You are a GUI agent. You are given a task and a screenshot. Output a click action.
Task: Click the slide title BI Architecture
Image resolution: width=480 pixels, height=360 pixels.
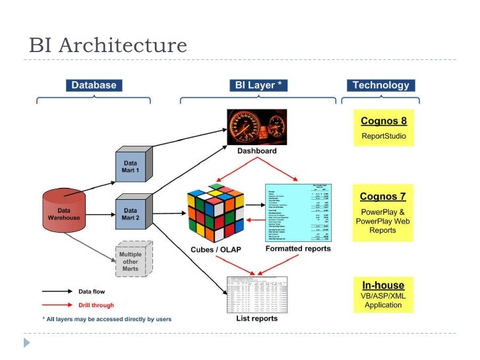(x=108, y=45)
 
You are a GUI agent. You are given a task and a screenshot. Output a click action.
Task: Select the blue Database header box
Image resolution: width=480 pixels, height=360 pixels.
(x=94, y=85)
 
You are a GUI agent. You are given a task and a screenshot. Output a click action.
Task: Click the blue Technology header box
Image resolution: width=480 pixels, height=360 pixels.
(x=380, y=85)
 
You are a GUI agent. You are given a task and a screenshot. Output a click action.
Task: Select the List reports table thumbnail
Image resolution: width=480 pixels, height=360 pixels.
(x=256, y=293)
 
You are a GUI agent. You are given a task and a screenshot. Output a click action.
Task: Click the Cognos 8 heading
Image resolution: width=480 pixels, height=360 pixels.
(x=383, y=121)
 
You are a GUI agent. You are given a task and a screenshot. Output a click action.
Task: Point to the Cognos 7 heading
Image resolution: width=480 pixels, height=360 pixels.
(x=382, y=196)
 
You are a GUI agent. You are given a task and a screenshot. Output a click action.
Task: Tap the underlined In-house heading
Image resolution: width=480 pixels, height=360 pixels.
(x=383, y=285)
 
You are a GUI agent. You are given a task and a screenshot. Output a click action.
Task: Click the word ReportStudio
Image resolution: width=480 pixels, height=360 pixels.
(x=383, y=137)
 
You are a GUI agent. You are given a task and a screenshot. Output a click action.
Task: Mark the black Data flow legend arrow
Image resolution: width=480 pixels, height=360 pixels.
(x=58, y=291)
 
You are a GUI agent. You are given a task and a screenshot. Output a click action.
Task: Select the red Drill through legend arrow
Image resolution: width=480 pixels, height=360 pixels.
(x=58, y=305)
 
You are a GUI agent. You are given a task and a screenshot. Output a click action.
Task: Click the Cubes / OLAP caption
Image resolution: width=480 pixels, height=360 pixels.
(x=216, y=249)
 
